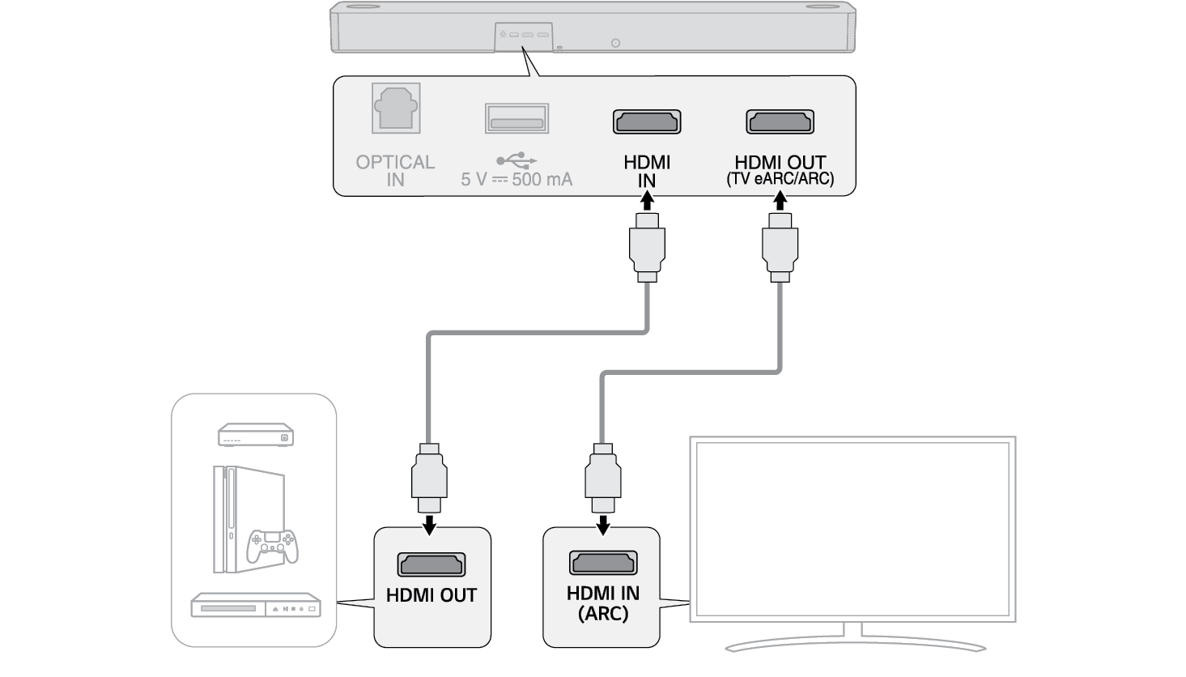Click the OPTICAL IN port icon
pyautogui.click(x=396, y=109)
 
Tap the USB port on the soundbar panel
pyautogui.click(x=516, y=118)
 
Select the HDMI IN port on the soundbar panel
pyautogui.click(x=647, y=122)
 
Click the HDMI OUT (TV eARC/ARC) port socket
pyautogui.click(x=780, y=122)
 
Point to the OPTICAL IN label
pyautogui.click(x=395, y=170)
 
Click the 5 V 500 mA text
pyautogui.click(x=516, y=179)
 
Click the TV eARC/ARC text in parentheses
pyautogui.click(x=780, y=179)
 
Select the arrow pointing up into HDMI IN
pyautogui.click(x=647, y=200)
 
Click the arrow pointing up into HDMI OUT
pyautogui.click(x=780, y=200)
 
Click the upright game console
pyautogui.click(x=231, y=518)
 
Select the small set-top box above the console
pyautogui.click(x=255, y=435)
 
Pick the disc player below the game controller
pyautogui.click(x=255, y=606)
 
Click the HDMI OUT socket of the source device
pyautogui.click(x=431, y=564)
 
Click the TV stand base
pyautogui.click(x=855, y=645)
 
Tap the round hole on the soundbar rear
pyautogui.click(x=615, y=43)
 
